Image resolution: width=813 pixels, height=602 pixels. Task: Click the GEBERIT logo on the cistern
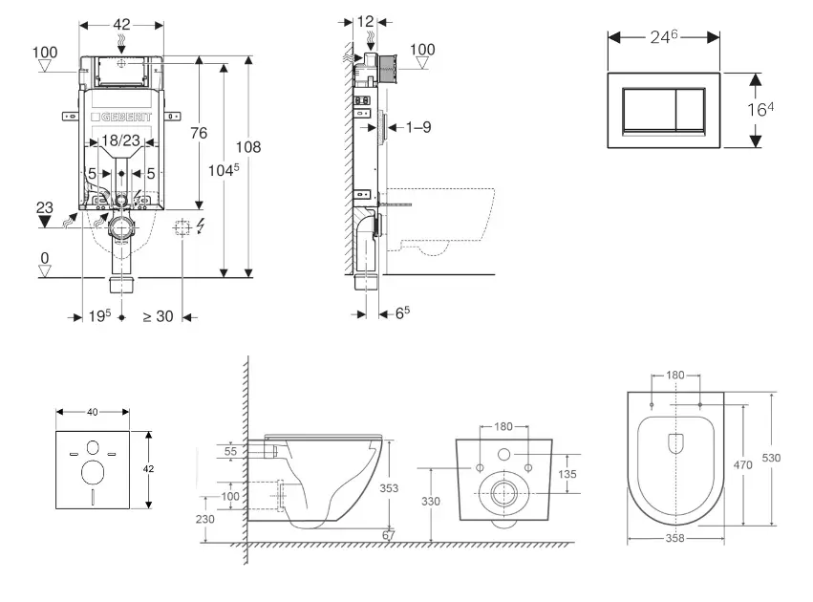tap(121, 118)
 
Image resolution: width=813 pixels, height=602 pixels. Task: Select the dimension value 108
tap(248, 147)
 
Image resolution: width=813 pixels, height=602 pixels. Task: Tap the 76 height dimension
tap(198, 134)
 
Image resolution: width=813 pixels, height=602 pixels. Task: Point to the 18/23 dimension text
tap(121, 140)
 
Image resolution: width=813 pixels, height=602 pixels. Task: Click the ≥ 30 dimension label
tap(158, 316)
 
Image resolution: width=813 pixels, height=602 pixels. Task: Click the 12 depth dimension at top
tap(367, 21)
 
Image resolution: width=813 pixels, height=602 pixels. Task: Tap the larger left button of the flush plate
tap(647, 110)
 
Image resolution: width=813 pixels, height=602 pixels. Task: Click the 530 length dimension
tap(772, 458)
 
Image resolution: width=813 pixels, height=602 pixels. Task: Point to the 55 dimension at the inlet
tap(230, 449)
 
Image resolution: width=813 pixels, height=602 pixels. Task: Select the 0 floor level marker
tap(44, 258)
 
